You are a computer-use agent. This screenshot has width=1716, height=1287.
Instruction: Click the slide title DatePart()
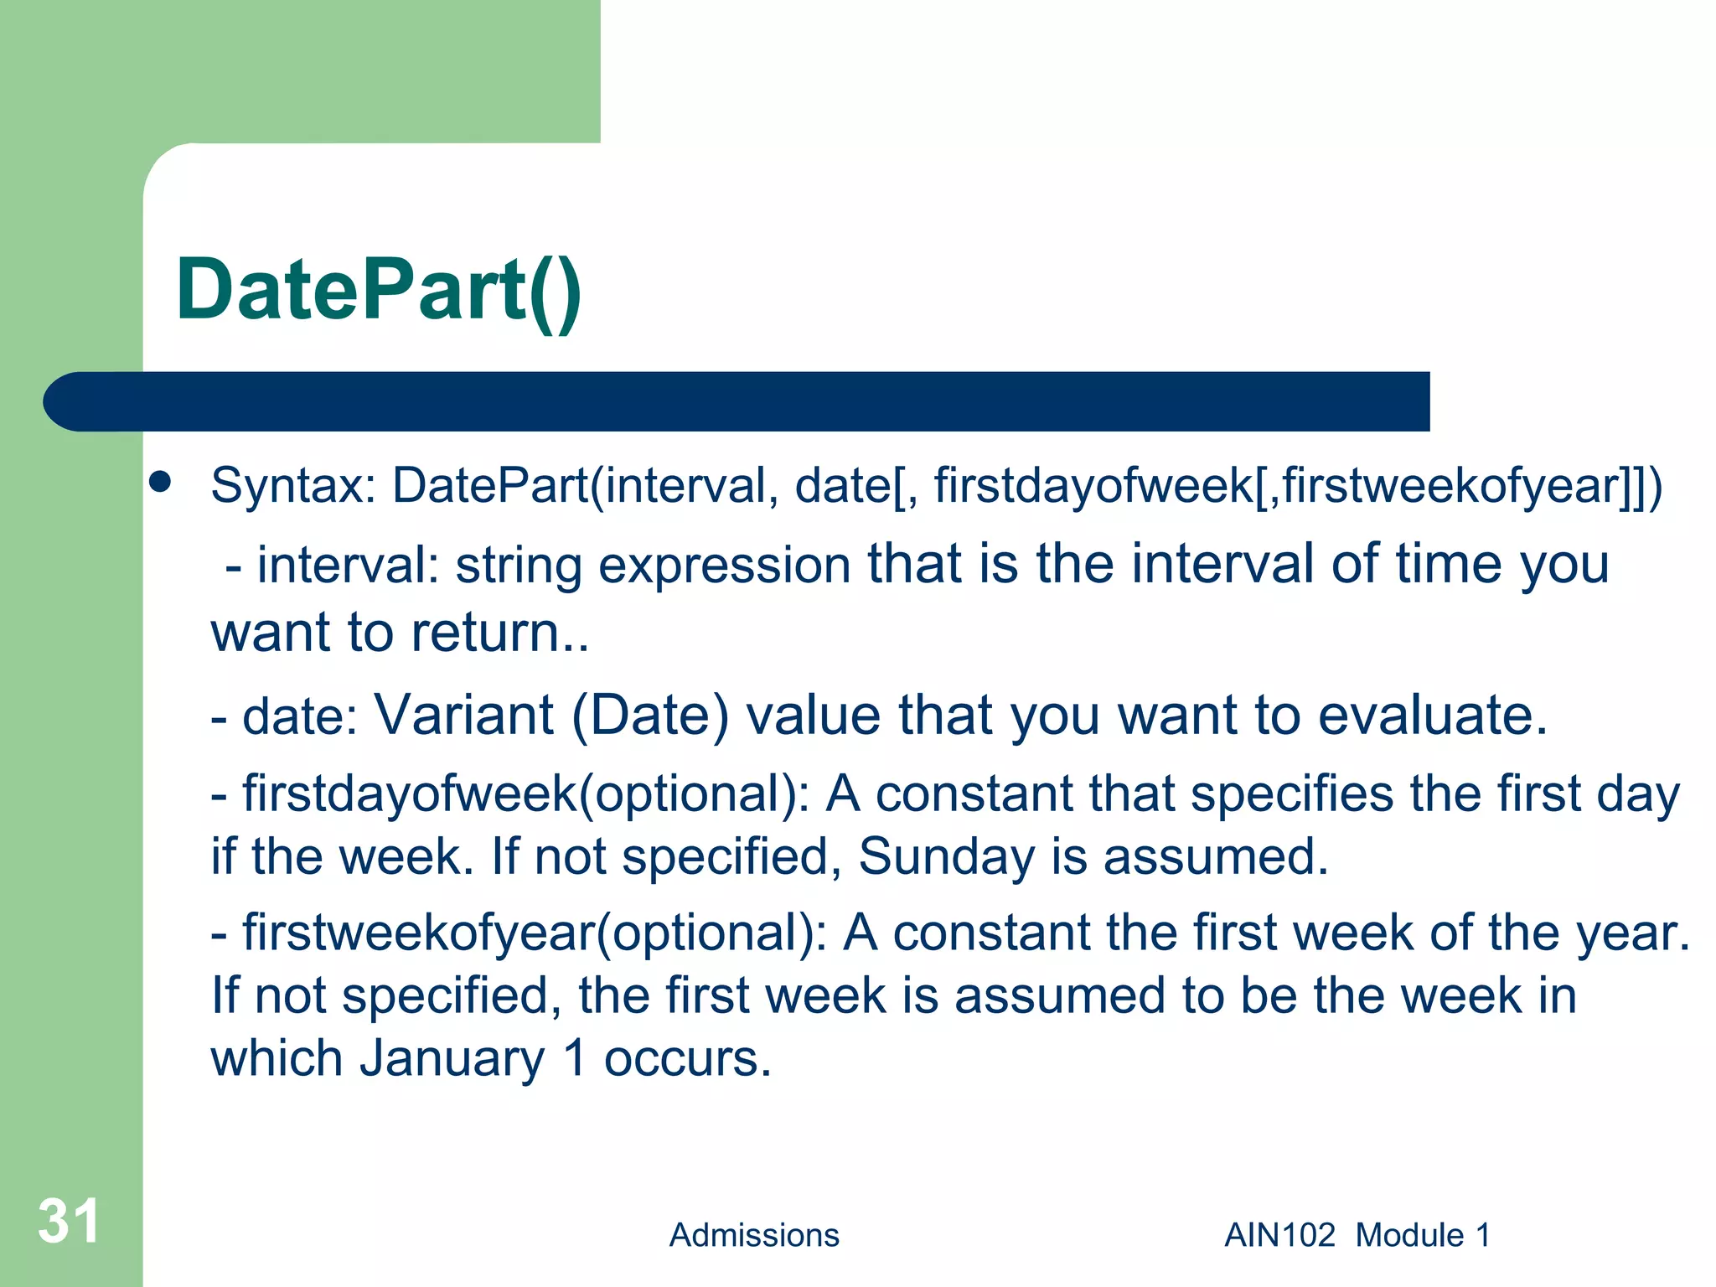pos(379,290)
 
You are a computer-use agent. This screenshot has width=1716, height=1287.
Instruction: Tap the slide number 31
pos(69,1221)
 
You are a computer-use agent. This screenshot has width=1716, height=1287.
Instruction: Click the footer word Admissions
pos(754,1235)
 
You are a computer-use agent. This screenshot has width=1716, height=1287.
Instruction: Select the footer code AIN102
pos(1279,1235)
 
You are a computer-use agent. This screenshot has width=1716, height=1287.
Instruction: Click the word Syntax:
pos(293,486)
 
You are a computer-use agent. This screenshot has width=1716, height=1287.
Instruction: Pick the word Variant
pos(463,716)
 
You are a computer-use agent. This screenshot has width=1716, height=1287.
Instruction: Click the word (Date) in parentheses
pos(650,717)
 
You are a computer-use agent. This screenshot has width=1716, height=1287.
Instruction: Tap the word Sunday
pos(946,857)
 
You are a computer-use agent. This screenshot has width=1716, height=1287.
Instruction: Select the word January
pos(452,1058)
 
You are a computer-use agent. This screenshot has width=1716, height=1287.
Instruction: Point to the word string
pos(519,566)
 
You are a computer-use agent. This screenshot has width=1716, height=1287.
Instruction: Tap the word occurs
pos(687,1059)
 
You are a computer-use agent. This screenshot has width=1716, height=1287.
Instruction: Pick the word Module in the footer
pos(1409,1235)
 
